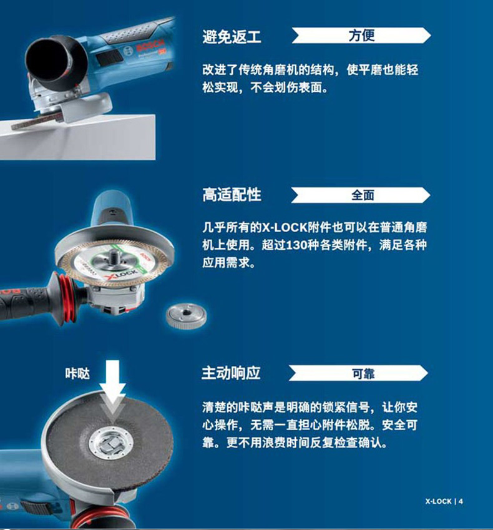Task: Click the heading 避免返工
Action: tap(232, 36)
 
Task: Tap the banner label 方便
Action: tap(361, 36)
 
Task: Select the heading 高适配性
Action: tap(232, 195)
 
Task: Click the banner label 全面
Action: tap(363, 195)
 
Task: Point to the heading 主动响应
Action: tap(231, 373)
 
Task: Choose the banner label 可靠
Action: tap(363, 373)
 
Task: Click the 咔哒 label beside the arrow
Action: tap(77, 374)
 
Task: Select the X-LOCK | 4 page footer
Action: tap(444, 501)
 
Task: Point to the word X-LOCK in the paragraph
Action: tap(285, 227)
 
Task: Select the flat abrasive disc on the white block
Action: tap(37, 120)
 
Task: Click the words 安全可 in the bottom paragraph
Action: tap(400, 425)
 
